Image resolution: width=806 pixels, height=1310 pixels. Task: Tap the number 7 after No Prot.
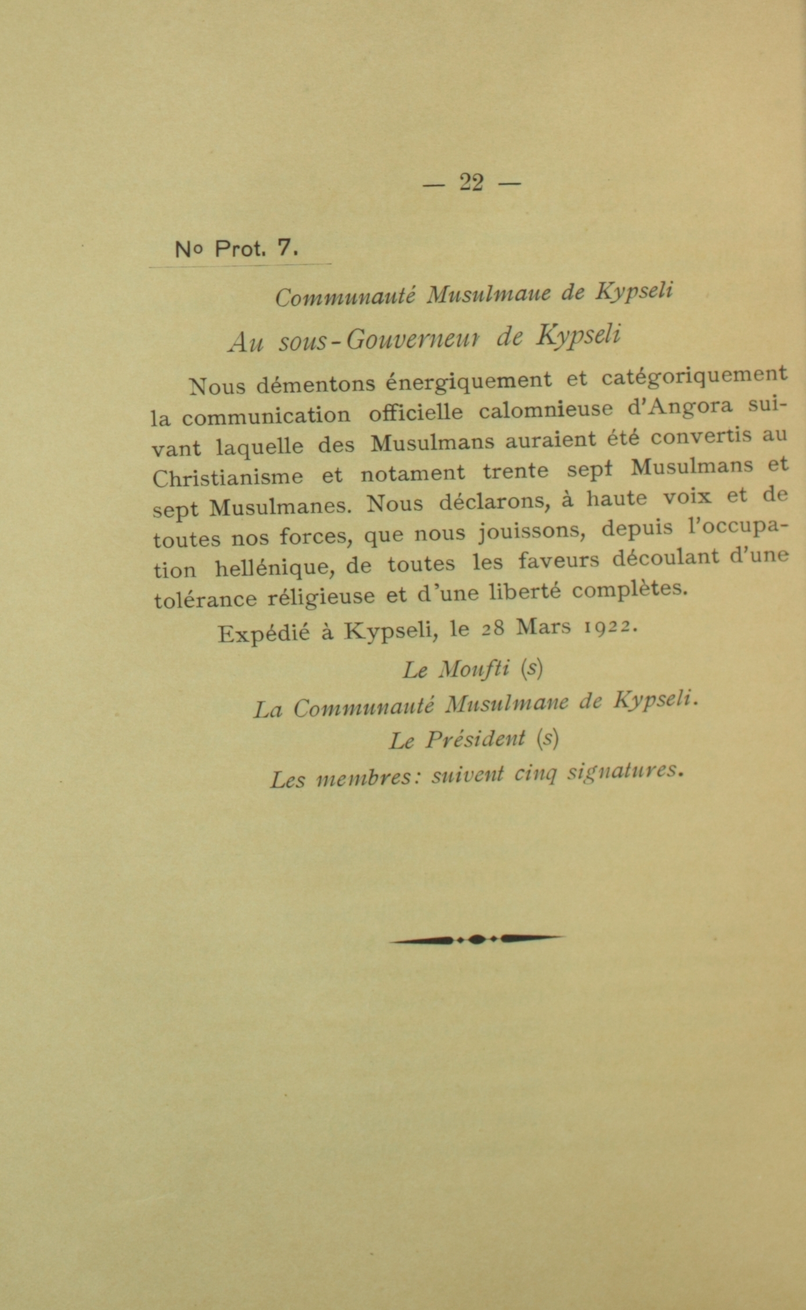[285, 248]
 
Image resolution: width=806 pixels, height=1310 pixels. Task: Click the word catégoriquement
[694, 376]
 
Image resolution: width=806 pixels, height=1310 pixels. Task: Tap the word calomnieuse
[546, 409]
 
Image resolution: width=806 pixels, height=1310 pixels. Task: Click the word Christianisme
[227, 477]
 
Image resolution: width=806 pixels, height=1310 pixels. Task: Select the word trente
[515, 470]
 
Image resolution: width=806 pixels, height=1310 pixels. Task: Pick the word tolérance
[205, 599]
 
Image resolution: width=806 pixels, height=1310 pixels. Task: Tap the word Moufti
[474, 669]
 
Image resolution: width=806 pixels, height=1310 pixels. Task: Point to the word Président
[475, 739]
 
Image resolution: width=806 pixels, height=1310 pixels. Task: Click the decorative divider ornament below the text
[476, 938]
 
